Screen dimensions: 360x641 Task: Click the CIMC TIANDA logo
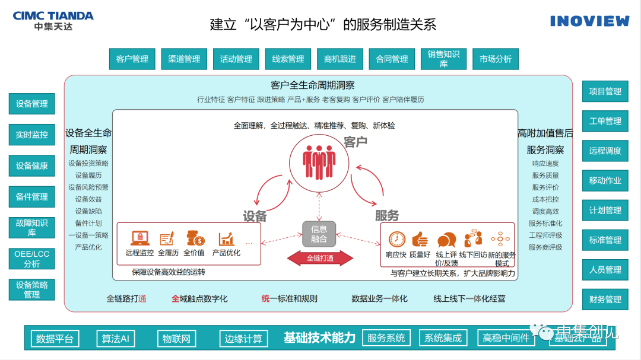click(53, 21)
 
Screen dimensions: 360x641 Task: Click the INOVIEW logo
click(589, 21)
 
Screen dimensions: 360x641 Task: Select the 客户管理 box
click(132, 59)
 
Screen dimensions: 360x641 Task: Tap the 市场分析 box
click(496, 59)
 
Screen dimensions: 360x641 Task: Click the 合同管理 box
click(392, 59)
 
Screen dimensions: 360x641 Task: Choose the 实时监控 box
click(32, 135)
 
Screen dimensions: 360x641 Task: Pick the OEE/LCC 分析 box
click(32, 259)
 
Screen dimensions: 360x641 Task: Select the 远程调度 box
click(605, 151)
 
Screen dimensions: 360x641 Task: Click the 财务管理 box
click(605, 300)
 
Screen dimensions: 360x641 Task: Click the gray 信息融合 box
click(319, 234)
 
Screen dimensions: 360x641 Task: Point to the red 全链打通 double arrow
click(320, 258)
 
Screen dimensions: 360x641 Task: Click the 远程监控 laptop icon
click(139, 238)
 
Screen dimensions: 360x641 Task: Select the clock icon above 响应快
click(396, 239)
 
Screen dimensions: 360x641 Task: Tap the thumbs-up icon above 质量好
click(420, 239)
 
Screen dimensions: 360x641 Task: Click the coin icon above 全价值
click(195, 238)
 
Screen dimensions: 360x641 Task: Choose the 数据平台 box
click(55, 339)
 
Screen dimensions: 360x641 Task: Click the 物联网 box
click(176, 339)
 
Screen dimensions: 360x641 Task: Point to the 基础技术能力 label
click(319, 338)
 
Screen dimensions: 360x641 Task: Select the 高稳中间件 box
click(506, 338)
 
